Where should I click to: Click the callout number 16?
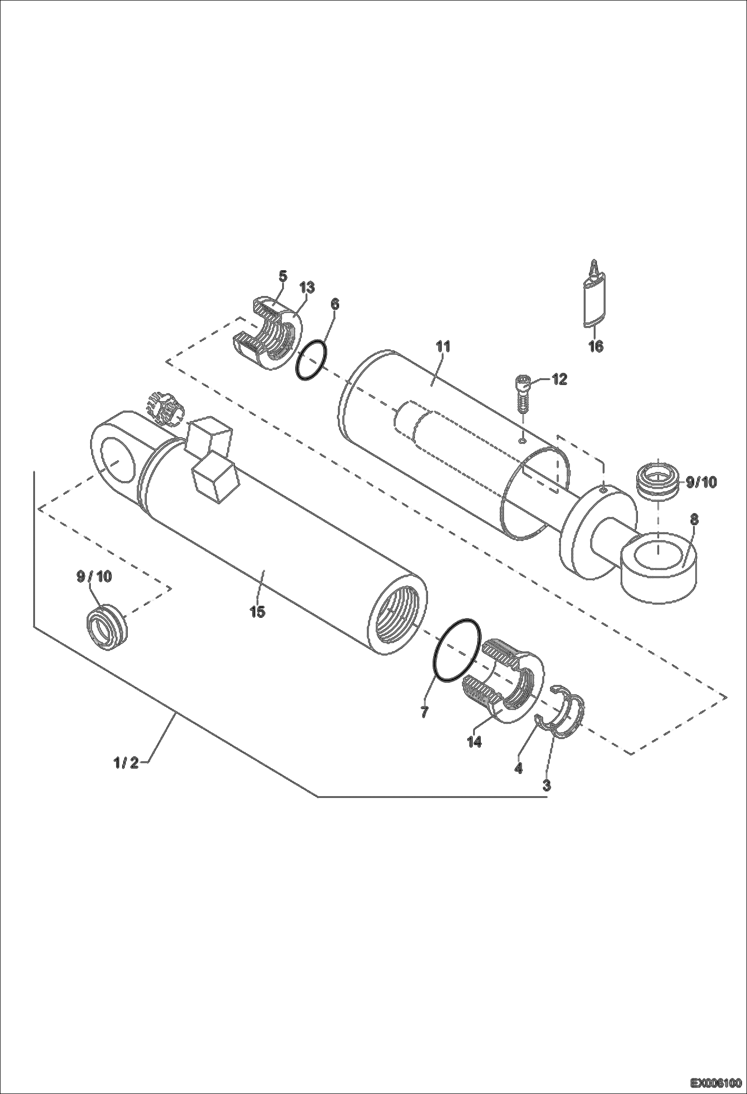pyautogui.click(x=596, y=346)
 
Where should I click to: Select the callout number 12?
pyautogui.click(x=559, y=379)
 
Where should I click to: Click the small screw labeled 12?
pyautogui.click(x=522, y=393)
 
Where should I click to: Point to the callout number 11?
pyautogui.click(x=443, y=346)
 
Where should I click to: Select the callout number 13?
pyautogui.click(x=307, y=287)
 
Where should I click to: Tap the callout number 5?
pyautogui.click(x=283, y=276)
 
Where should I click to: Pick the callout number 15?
pyautogui.click(x=257, y=611)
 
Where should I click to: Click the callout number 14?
pyautogui.click(x=474, y=741)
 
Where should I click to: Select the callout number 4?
pyautogui.click(x=519, y=768)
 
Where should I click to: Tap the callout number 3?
pyautogui.click(x=547, y=785)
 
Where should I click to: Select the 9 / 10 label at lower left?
pyautogui.click(x=94, y=576)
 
